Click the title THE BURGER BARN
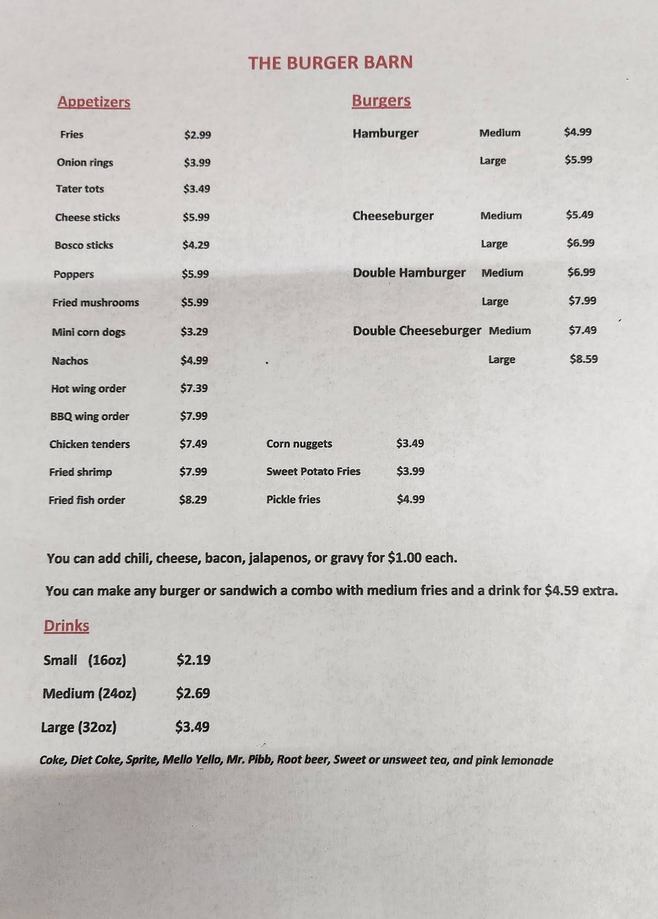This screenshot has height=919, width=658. [330, 63]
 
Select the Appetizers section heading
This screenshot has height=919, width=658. [94, 102]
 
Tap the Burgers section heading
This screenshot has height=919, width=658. [381, 101]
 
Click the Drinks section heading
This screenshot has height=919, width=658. [66, 626]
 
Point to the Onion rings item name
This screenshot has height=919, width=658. [85, 162]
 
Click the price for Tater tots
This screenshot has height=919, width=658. [196, 189]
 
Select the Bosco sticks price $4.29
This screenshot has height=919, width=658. [196, 245]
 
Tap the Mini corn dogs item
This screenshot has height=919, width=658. [88, 332]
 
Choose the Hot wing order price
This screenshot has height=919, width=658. [194, 388]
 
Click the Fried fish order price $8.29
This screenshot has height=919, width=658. [192, 500]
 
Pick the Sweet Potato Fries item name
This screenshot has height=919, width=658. [313, 471]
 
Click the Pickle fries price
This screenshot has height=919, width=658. [410, 499]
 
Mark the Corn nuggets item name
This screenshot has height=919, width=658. [299, 444]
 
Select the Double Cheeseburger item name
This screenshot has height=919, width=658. [417, 331]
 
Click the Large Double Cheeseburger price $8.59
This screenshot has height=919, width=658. [583, 359]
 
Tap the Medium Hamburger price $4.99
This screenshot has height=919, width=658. [577, 132]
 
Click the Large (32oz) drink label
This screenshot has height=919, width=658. [78, 728]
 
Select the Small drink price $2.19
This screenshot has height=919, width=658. [193, 660]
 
